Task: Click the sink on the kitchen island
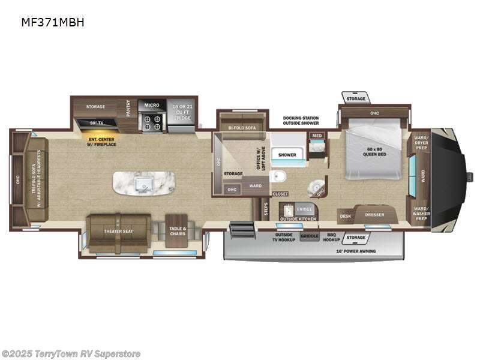tap(143, 182)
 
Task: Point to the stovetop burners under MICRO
tap(152, 122)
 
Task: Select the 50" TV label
tap(96, 124)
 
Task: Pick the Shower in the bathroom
tap(287, 155)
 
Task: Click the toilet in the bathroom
tap(277, 176)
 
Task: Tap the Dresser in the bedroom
tap(374, 214)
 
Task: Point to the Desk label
tap(345, 216)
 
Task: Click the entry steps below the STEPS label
tap(241, 230)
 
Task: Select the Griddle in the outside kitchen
tap(310, 236)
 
